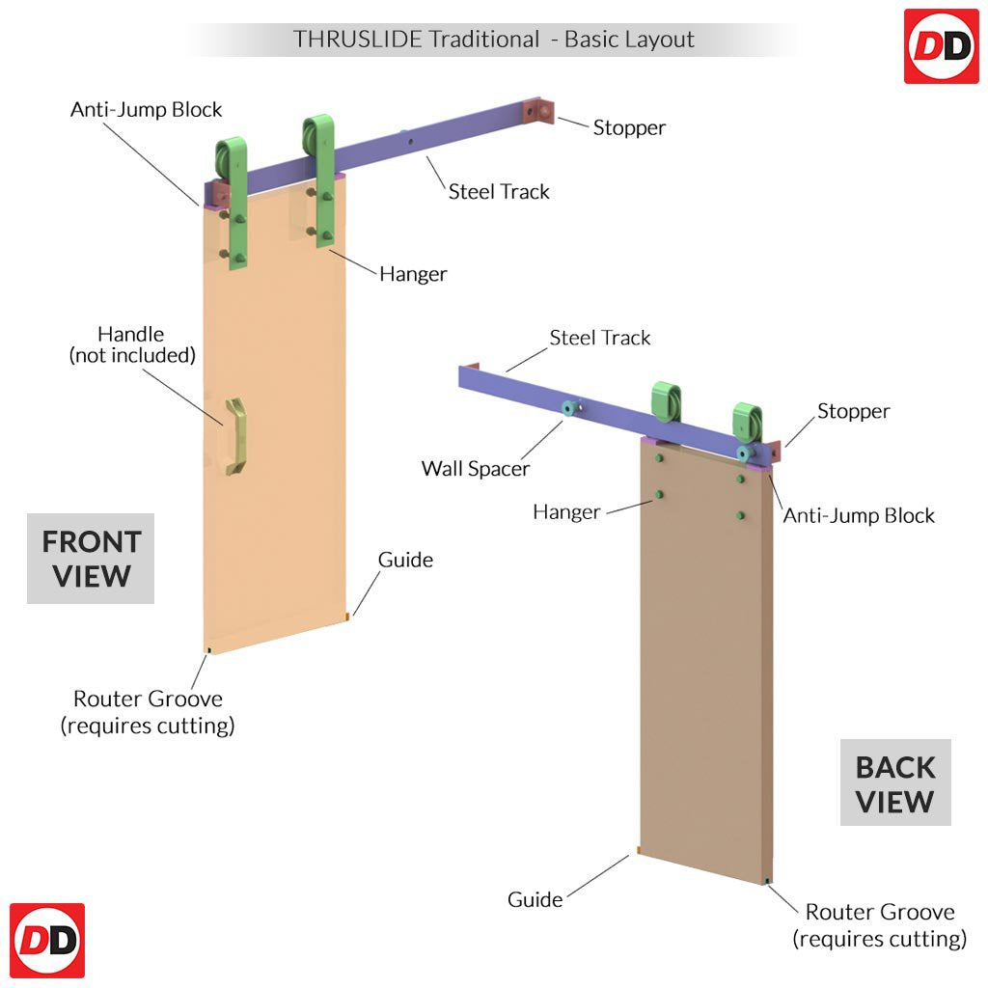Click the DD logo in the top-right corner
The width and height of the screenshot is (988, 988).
pos(941,46)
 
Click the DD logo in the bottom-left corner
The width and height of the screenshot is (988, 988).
pos(47,941)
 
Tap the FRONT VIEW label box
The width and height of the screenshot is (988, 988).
pos(91,559)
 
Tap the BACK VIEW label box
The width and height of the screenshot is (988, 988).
pos(895,783)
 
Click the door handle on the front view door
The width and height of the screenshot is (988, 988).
pos(234,437)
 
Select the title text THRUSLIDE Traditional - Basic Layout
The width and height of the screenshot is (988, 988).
pos(493,40)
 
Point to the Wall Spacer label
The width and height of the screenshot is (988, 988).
pos(476,469)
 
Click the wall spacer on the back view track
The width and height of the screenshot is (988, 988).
pos(568,409)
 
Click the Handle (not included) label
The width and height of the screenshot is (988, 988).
pos(132,344)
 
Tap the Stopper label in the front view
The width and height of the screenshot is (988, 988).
pos(629,127)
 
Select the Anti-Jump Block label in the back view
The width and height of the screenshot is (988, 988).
pos(859,515)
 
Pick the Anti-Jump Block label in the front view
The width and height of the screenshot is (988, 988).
pos(147,109)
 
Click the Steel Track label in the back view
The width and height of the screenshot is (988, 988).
pos(600,338)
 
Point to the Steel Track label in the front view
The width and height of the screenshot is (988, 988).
pos(499,191)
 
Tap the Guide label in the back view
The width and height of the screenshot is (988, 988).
pos(535,899)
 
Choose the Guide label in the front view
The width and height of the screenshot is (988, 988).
pos(405,560)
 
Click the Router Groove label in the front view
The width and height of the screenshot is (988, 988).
pos(148,711)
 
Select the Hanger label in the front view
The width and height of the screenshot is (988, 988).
pos(413,274)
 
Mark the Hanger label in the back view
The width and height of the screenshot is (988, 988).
pos(566,511)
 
